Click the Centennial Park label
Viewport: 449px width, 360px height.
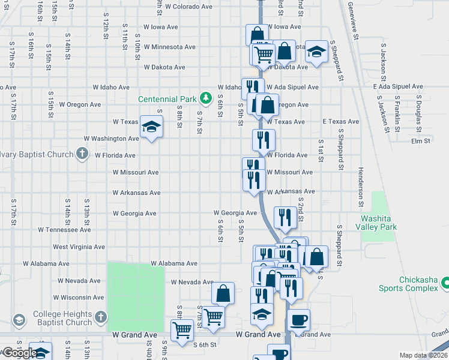coord(166,99)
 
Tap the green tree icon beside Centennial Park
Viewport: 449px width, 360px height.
coord(205,98)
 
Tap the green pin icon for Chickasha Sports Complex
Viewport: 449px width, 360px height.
coord(445,281)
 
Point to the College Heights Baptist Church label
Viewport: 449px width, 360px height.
coord(62,318)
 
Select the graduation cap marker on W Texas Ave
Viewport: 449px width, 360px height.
coord(151,127)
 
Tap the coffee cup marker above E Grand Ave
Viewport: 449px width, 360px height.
coord(298,319)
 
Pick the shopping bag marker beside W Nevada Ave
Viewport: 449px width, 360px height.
coord(223,293)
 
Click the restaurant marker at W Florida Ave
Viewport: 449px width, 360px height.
coord(264,141)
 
